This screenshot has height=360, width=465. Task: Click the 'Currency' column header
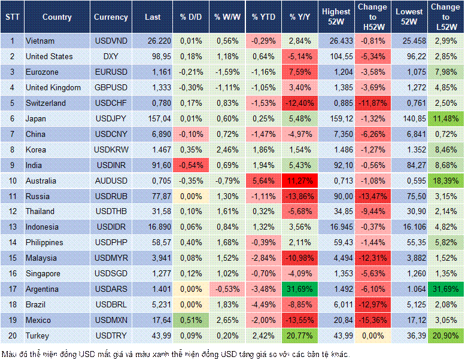[x=111, y=17]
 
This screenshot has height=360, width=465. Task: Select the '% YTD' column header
[x=263, y=17]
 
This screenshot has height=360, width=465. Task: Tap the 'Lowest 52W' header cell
[x=409, y=17]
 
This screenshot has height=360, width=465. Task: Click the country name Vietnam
[x=40, y=41]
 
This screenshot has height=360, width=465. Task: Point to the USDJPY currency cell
[x=110, y=118]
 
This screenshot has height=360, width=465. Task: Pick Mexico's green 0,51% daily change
[x=190, y=320]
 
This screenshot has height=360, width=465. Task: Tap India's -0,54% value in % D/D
[x=190, y=165]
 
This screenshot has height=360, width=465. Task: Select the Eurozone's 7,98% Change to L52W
[x=446, y=72]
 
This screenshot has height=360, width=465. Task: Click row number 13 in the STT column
[x=12, y=227]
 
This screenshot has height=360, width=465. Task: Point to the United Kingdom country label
[x=53, y=87]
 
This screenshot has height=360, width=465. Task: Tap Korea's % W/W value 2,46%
[x=227, y=150]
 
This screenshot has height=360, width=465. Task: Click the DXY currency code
[x=110, y=56]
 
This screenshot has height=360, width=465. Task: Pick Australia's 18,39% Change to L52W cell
[x=446, y=181]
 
